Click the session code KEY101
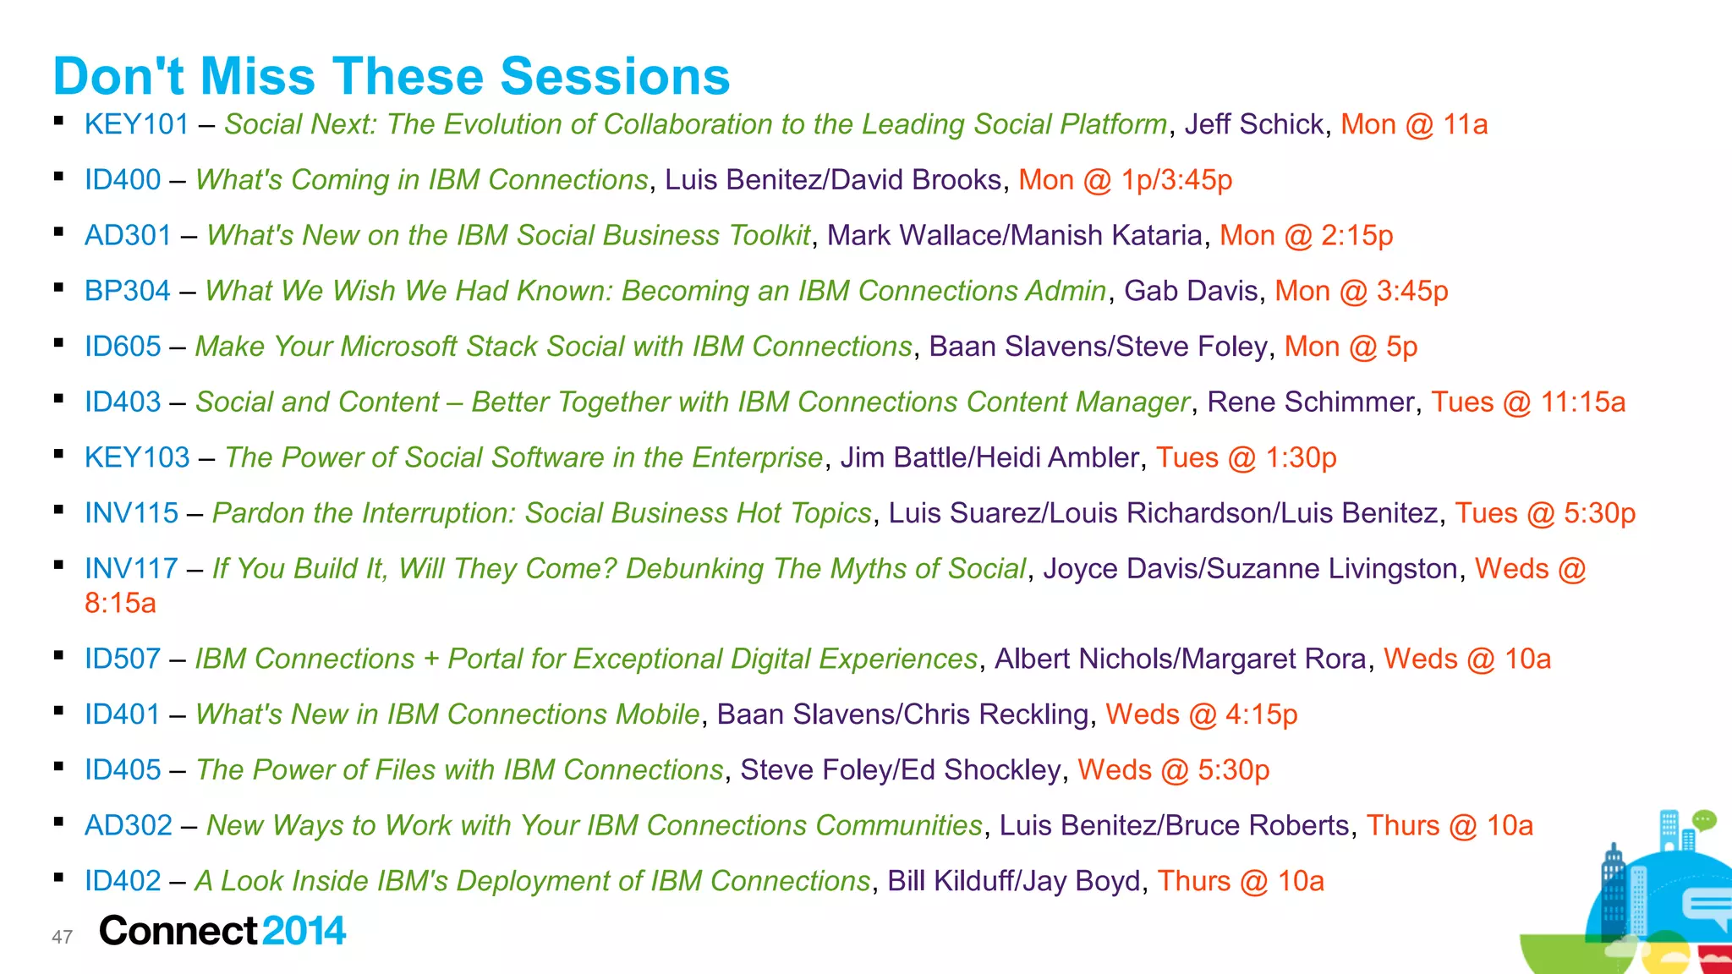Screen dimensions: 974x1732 click(x=136, y=124)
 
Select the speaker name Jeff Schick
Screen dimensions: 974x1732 click(x=1254, y=124)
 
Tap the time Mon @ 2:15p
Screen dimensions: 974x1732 click(x=1306, y=235)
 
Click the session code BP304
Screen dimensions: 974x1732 click(x=127, y=291)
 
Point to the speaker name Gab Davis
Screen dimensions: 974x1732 click(x=1191, y=291)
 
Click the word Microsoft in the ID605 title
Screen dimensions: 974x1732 click(x=398, y=347)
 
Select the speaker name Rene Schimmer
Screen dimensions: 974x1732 click(x=1310, y=402)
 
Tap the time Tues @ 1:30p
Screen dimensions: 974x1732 click(x=1246, y=457)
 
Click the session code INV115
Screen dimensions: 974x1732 click(x=131, y=513)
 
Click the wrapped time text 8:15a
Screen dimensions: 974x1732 click(x=120, y=603)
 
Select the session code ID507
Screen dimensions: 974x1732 click(x=123, y=659)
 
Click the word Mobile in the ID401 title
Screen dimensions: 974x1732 click(x=657, y=714)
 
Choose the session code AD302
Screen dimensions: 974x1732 click(x=128, y=825)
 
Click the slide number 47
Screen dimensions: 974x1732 click(x=62, y=937)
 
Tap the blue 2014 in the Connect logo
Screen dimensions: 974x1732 click(x=304, y=931)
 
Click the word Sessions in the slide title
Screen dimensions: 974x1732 click(x=615, y=76)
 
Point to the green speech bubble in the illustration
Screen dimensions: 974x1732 click(x=1704, y=819)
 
